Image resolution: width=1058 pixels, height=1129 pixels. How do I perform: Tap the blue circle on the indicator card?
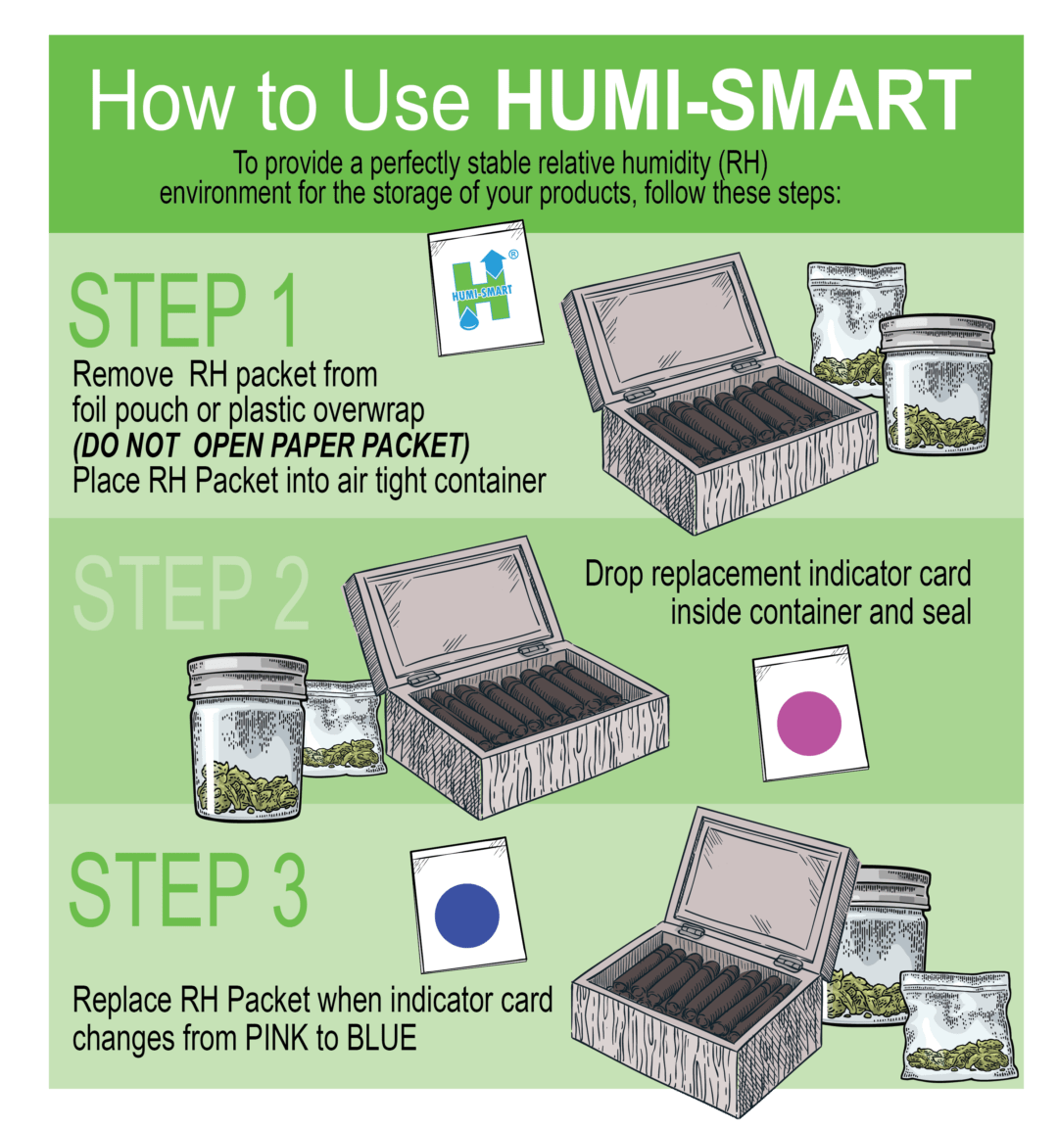466,915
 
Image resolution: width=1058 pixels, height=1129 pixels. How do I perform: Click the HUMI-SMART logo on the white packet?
482,292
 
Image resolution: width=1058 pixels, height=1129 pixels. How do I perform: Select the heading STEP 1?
183,312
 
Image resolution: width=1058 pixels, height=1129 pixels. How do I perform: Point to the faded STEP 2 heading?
190,593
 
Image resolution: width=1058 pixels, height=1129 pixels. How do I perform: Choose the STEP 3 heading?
188,890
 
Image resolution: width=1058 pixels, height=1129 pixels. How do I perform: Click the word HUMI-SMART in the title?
732,101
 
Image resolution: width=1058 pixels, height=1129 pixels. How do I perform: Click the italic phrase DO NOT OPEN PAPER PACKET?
271,446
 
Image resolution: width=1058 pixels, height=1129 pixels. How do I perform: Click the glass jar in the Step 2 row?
247,736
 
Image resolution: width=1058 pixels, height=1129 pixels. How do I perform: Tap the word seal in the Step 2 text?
945,612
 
